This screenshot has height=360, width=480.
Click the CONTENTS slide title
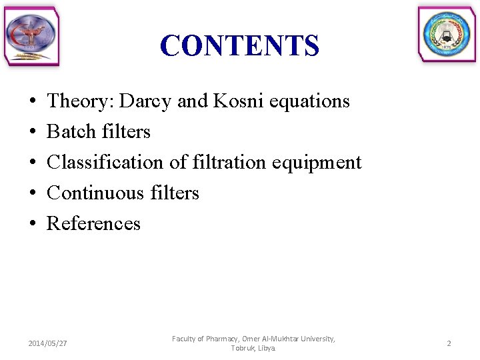239,45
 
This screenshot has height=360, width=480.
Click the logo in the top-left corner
31,37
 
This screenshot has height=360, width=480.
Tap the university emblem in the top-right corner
447,35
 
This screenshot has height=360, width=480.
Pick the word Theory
72,101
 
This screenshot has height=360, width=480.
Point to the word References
93,224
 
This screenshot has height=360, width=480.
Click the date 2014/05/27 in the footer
47,343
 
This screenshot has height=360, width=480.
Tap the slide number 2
449,343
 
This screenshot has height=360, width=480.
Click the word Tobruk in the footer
242,349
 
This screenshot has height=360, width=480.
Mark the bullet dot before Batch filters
33,132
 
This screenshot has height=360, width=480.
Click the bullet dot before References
33,224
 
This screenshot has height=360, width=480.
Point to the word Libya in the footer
267,349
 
